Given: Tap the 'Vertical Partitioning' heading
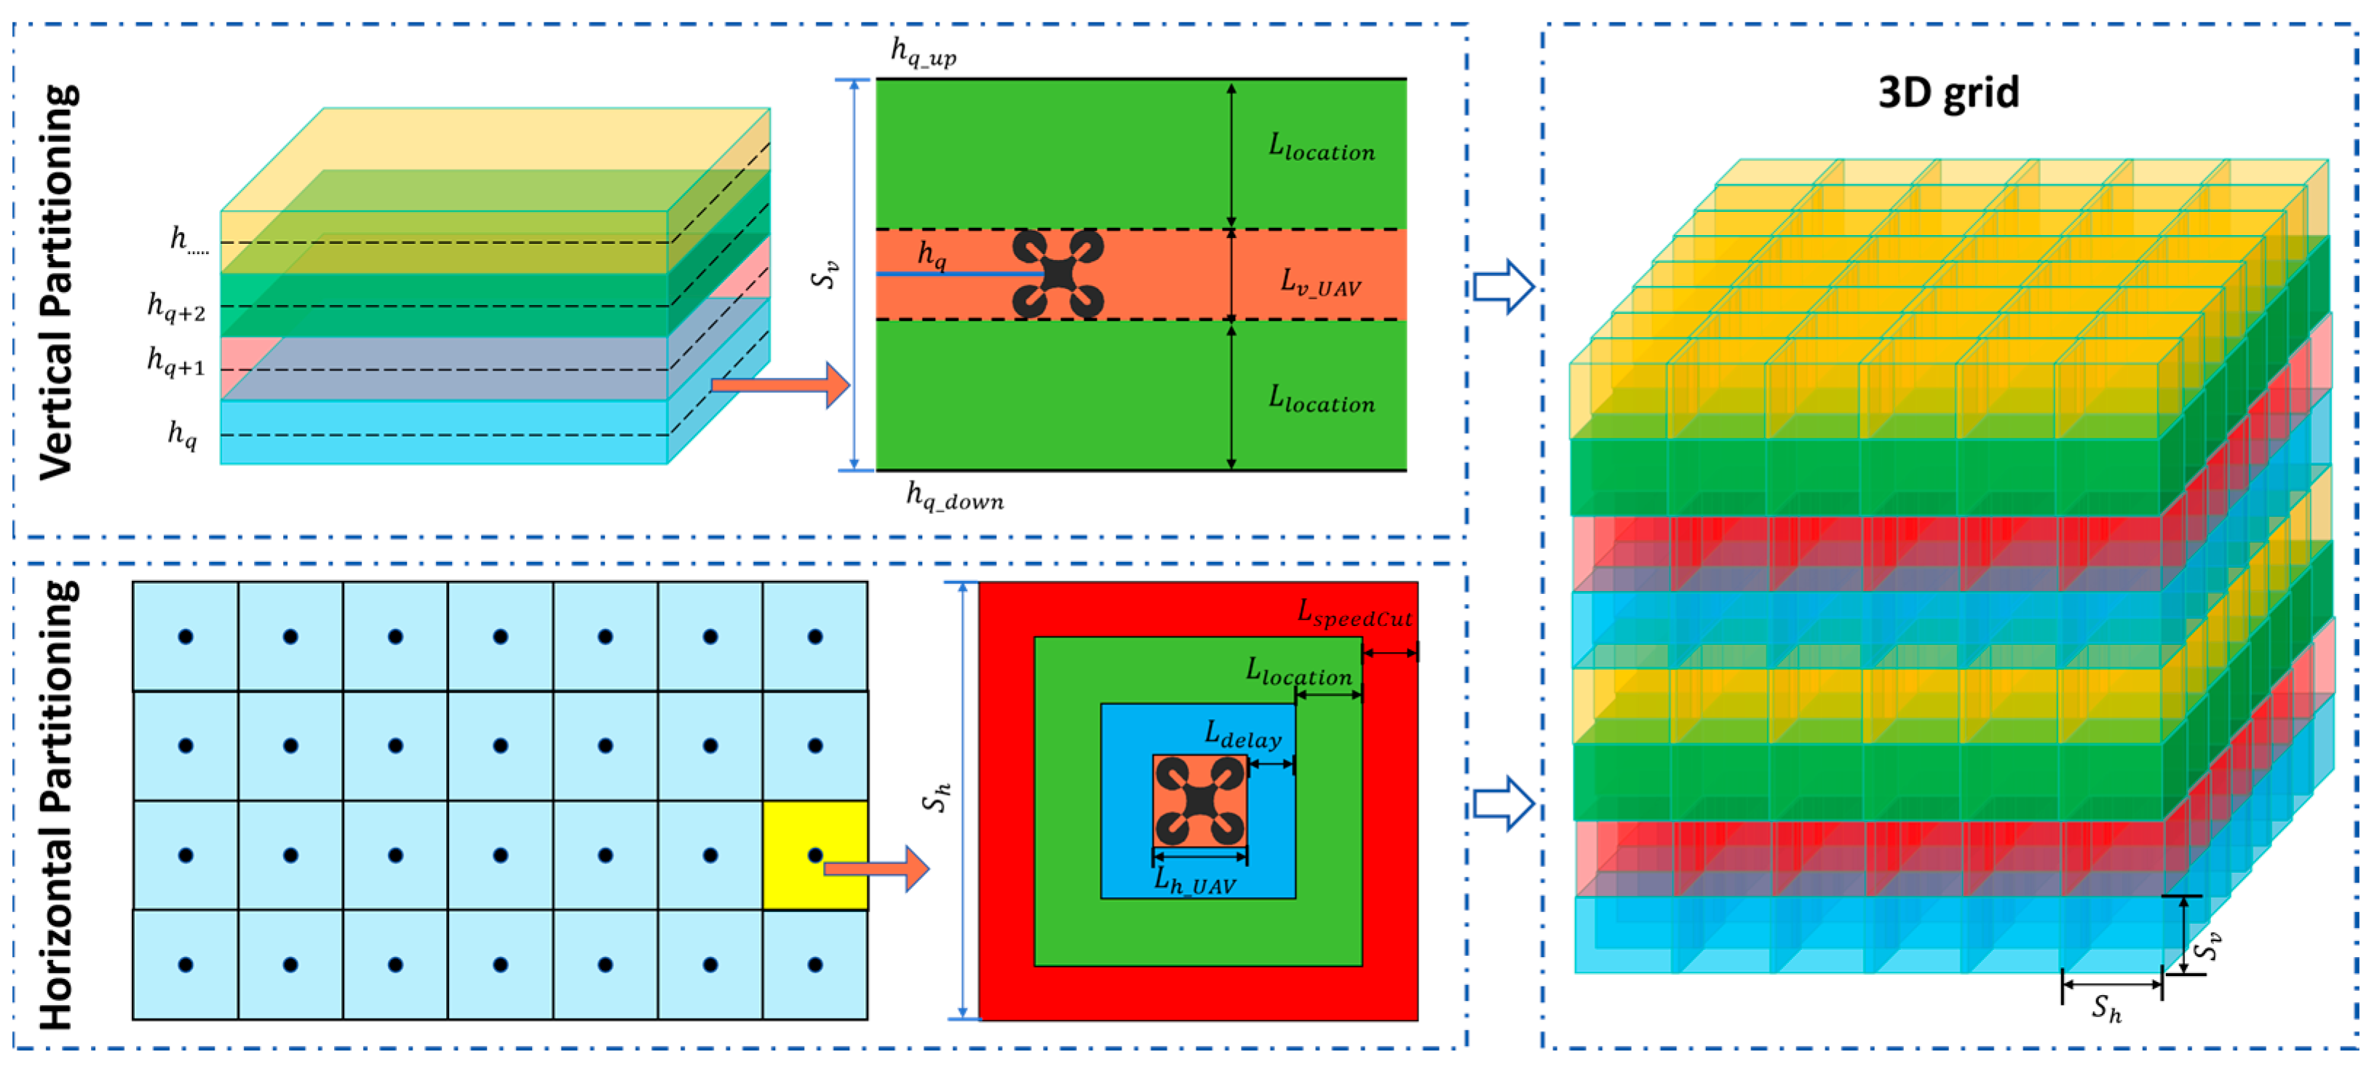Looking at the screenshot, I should pyautogui.click(x=57, y=282).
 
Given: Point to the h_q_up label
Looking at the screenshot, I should pyautogui.click(x=923, y=52).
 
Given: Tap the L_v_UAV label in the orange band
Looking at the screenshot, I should pyautogui.click(x=1320, y=282).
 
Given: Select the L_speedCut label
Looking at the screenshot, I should pyautogui.click(x=1354, y=614).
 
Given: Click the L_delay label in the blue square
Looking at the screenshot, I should pyautogui.click(x=1243, y=735).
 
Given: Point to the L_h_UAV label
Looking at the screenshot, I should pyautogui.click(x=1195, y=881).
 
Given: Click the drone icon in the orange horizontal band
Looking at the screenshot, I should pyautogui.click(x=1057, y=274).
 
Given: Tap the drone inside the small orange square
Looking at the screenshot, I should pyautogui.click(x=1199, y=801).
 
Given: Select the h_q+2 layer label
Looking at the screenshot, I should pyautogui.click(x=176, y=306).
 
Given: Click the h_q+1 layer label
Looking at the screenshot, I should pyautogui.click(x=176, y=361).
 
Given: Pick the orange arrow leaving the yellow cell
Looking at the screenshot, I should pyautogui.click(x=876, y=868).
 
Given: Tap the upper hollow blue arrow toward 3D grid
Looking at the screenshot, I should pyautogui.click(x=1502, y=286).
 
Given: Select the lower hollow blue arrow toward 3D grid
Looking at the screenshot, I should pyautogui.click(x=1502, y=802).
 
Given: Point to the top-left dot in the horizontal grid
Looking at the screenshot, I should pyautogui.click(x=186, y=636).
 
